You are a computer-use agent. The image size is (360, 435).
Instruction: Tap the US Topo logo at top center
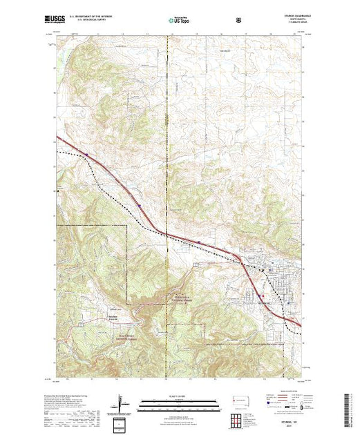(x=177, y=21)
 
